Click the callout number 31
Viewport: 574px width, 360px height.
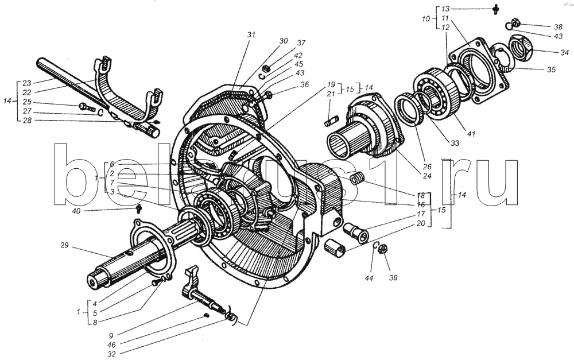click(x=251, y=35)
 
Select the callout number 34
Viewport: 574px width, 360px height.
click(x=564, y=53)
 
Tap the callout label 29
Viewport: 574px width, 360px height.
click(x=64, y=245)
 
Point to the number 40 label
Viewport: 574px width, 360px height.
click(x=76, y=211)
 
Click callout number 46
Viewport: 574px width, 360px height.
click(x=112, y=344)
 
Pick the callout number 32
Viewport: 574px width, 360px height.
click(x=112, y=354)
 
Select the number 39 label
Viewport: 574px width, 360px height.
click(x=393, y=277)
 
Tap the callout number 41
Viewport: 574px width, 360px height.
click(x=471, y=134)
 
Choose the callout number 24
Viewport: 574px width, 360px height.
click(x=427, y=176)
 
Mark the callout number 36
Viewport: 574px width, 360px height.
click(x=305, y=84)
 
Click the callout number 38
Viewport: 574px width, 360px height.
click(x=558, y=27)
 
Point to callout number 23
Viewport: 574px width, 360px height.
click(x=27, y=83)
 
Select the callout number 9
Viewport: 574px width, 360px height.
click(x=111, y=335)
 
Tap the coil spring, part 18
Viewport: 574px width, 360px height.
click(x=357, y=179)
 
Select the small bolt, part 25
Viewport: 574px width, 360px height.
click(x=87, y=107)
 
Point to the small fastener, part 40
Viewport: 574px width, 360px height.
click(x=139, y=209)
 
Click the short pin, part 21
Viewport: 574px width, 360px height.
click(x=331, y=121)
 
